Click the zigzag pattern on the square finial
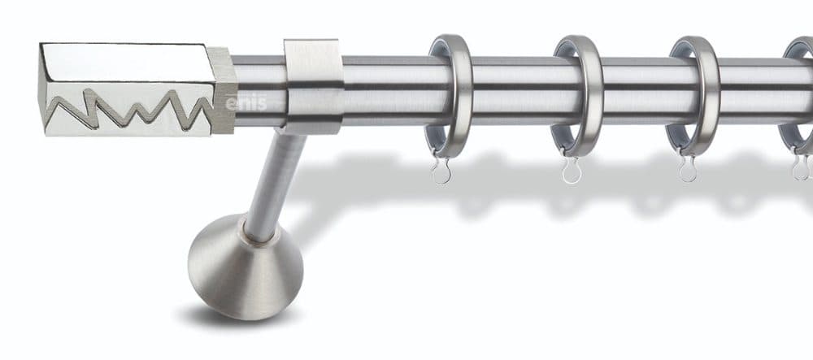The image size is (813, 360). (129, 109)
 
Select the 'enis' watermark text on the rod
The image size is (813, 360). (246, 103)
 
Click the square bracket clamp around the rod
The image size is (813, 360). (313, 86)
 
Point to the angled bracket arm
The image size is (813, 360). (275, 185)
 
